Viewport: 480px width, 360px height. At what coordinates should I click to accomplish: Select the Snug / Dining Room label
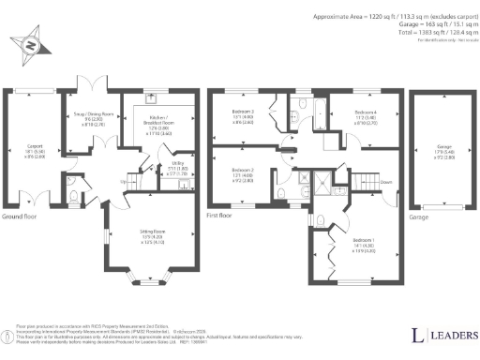tap(86, 119)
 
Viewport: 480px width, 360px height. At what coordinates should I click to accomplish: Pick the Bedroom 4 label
tap(365, 115)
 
